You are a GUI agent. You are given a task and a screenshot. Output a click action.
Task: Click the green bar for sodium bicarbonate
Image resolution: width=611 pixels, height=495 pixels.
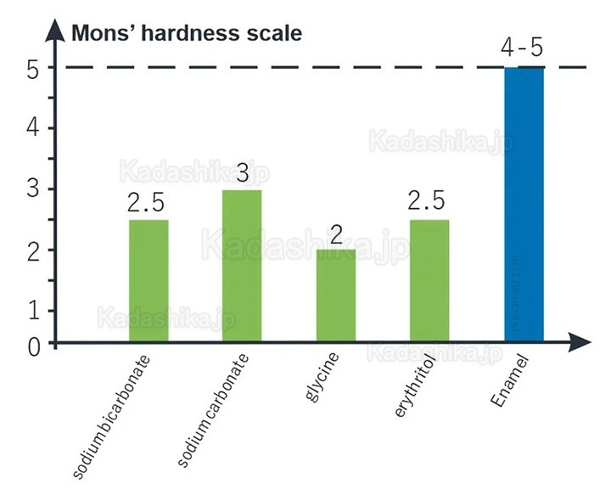coord(149,280)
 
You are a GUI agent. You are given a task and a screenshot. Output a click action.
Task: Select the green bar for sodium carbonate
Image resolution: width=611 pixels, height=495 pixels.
coord(242,266)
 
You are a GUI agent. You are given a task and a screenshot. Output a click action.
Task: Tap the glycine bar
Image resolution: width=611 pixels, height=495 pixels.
coord(335,295)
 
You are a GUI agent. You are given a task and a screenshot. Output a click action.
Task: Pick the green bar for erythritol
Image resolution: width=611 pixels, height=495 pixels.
coord(429,280)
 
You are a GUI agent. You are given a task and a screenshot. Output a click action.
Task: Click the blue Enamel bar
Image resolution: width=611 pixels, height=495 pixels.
coord(524,204)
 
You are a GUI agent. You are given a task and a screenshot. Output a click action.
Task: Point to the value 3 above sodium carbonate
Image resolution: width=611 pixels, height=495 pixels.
coord(242,174)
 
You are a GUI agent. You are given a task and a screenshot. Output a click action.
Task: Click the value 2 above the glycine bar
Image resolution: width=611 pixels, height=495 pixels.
coord(336,233)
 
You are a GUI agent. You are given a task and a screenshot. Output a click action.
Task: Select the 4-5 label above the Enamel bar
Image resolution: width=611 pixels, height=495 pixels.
coord(522,48)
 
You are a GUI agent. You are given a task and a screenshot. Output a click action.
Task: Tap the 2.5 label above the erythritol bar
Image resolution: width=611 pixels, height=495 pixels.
coord(428,203)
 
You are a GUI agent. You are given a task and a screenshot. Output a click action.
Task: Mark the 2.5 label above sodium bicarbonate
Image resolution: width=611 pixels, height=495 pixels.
coord(147,204)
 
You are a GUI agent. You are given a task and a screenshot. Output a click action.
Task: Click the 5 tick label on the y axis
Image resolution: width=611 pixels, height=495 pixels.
coord(32,68)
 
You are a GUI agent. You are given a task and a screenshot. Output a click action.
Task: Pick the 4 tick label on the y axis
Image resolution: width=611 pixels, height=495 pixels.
coord(32,128)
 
